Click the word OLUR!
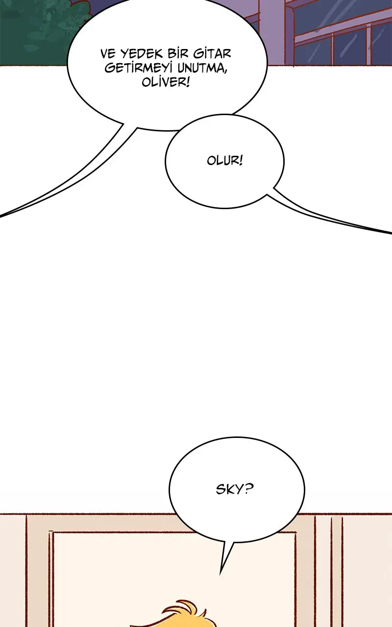pyautogui.click(x=224, y=161)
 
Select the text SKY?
pyautogui.click(x=235, y=489)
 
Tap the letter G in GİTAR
pyautogui.click(x=199, y=54)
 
